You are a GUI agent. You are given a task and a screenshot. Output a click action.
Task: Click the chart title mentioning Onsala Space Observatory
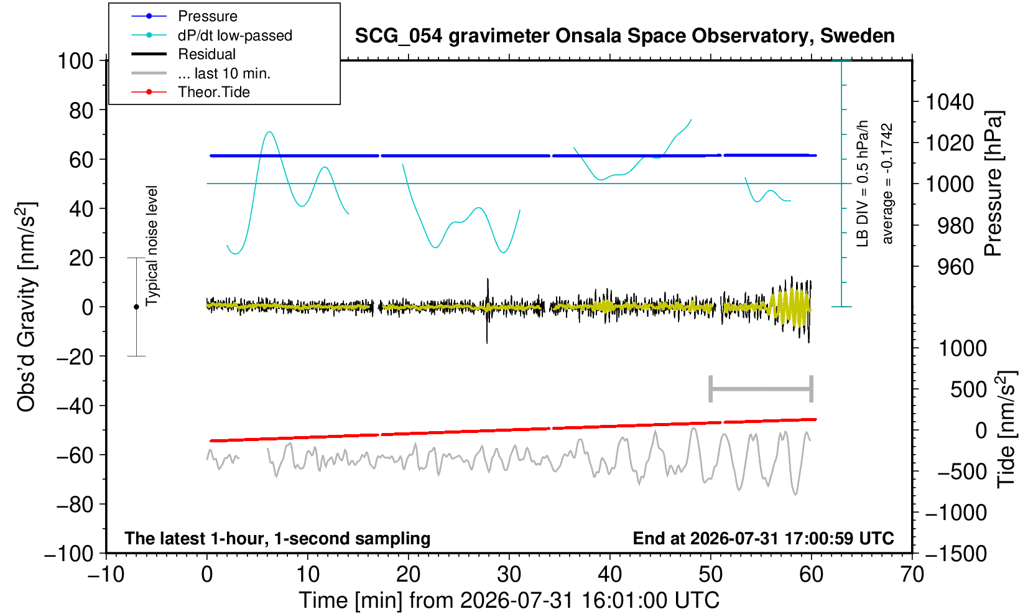pos(624,36)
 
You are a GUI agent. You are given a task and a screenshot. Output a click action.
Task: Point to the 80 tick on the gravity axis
pos(81,111)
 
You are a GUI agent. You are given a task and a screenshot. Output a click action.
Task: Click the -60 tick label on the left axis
pos(75,455)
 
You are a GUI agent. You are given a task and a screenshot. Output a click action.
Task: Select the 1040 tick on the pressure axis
pos(950,102)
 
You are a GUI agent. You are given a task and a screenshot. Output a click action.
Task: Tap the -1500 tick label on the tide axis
pos(956,554)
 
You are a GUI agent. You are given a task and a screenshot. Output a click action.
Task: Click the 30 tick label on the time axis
pos(509,575)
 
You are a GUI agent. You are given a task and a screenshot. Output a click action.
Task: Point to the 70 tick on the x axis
pos(912,575)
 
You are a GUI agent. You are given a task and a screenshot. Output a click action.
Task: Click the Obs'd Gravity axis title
pos(26,307)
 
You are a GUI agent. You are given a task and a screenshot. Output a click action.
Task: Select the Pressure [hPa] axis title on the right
pos(993,184)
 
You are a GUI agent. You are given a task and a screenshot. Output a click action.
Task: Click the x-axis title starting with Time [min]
pos(509,600)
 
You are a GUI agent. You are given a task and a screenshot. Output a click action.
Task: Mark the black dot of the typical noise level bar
pos(136,307)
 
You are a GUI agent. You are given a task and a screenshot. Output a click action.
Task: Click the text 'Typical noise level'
pos(152,246)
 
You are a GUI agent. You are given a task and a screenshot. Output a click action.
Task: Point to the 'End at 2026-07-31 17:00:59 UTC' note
pos(763,538)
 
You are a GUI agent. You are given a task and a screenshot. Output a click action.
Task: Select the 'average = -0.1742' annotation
pos(887,184)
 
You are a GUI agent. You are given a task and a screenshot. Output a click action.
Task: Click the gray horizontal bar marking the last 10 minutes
pos(761,389)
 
